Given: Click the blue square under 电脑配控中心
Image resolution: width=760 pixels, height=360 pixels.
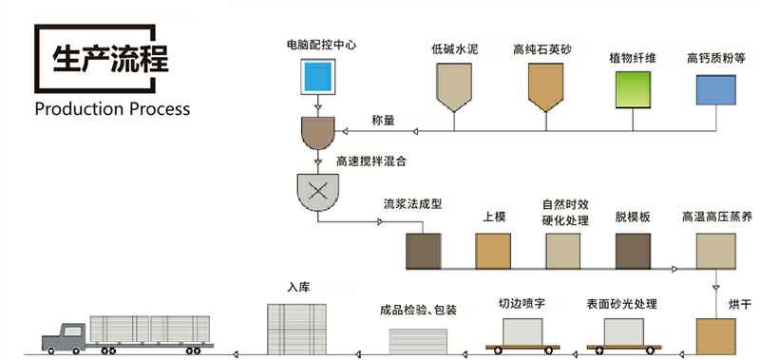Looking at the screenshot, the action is tap(318, 77).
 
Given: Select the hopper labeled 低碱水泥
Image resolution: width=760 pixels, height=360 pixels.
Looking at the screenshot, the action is tap(454, 85).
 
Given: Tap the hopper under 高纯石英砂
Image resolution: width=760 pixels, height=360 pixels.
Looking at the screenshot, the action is tap(545, 85).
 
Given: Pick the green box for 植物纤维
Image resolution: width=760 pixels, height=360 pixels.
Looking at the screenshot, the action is tap(633, 89).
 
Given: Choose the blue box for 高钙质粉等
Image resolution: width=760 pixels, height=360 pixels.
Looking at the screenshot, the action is tap(716, 89).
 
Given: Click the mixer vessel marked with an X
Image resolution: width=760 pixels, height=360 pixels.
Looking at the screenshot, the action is tap(317, 192).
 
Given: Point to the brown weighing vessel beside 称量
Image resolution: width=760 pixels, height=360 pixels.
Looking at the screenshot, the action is tap(318, 132).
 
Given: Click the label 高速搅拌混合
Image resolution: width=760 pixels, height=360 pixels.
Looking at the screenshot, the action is tap(371, 161).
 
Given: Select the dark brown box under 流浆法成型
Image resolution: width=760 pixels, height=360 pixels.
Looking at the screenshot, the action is tap(423, 251).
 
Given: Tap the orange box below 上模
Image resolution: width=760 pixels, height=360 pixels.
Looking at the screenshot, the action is tap(493, 251).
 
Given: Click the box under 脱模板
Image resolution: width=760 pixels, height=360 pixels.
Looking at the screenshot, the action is tap(633, 251).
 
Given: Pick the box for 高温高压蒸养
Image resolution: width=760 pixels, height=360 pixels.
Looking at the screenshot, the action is tap(716, 251).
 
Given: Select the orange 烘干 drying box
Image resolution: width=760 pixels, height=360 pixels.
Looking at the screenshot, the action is tap(716, 336).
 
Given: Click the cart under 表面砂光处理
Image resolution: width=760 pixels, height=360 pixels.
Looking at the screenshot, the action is tap(624, 335).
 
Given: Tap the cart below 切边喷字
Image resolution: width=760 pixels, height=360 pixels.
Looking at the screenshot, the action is tap(522, 335).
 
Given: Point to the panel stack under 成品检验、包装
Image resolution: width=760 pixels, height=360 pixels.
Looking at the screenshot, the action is tap(418, 341).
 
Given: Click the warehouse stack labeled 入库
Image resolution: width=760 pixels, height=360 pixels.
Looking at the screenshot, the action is tap(296, 329).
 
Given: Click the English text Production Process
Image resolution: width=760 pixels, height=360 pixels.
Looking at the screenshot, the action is tap(112, 108).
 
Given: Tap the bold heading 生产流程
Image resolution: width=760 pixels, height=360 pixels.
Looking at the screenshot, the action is tap(110, 59).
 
